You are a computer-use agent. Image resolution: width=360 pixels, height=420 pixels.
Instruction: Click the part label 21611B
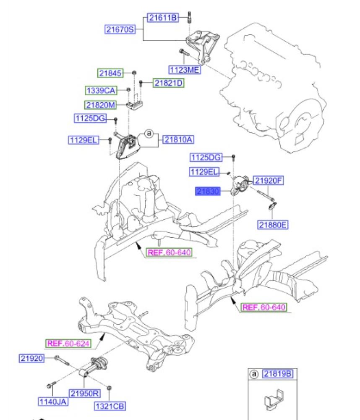coord(163,18)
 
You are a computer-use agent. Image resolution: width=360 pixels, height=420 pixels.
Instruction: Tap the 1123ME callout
coord(184,70)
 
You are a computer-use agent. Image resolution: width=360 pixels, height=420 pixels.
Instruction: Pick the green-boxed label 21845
coord(110,73)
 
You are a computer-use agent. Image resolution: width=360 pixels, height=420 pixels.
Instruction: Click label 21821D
coord(168,83)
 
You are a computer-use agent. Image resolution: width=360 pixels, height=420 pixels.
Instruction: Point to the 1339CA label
coord(101,90)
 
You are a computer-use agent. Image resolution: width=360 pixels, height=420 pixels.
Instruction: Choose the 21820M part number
coord(101,105)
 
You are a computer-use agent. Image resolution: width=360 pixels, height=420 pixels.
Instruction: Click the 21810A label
coord(178,139)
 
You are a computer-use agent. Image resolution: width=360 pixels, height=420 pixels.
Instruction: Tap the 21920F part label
coord(269,181)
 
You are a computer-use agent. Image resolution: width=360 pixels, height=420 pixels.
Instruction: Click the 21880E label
coord(273,225)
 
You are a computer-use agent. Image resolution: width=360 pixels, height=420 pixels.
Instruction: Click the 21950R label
coord(84,394)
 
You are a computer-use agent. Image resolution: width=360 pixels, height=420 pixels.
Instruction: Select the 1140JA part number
coord(53,402)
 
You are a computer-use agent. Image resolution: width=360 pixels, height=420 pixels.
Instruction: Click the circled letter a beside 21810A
coord(149,134)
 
